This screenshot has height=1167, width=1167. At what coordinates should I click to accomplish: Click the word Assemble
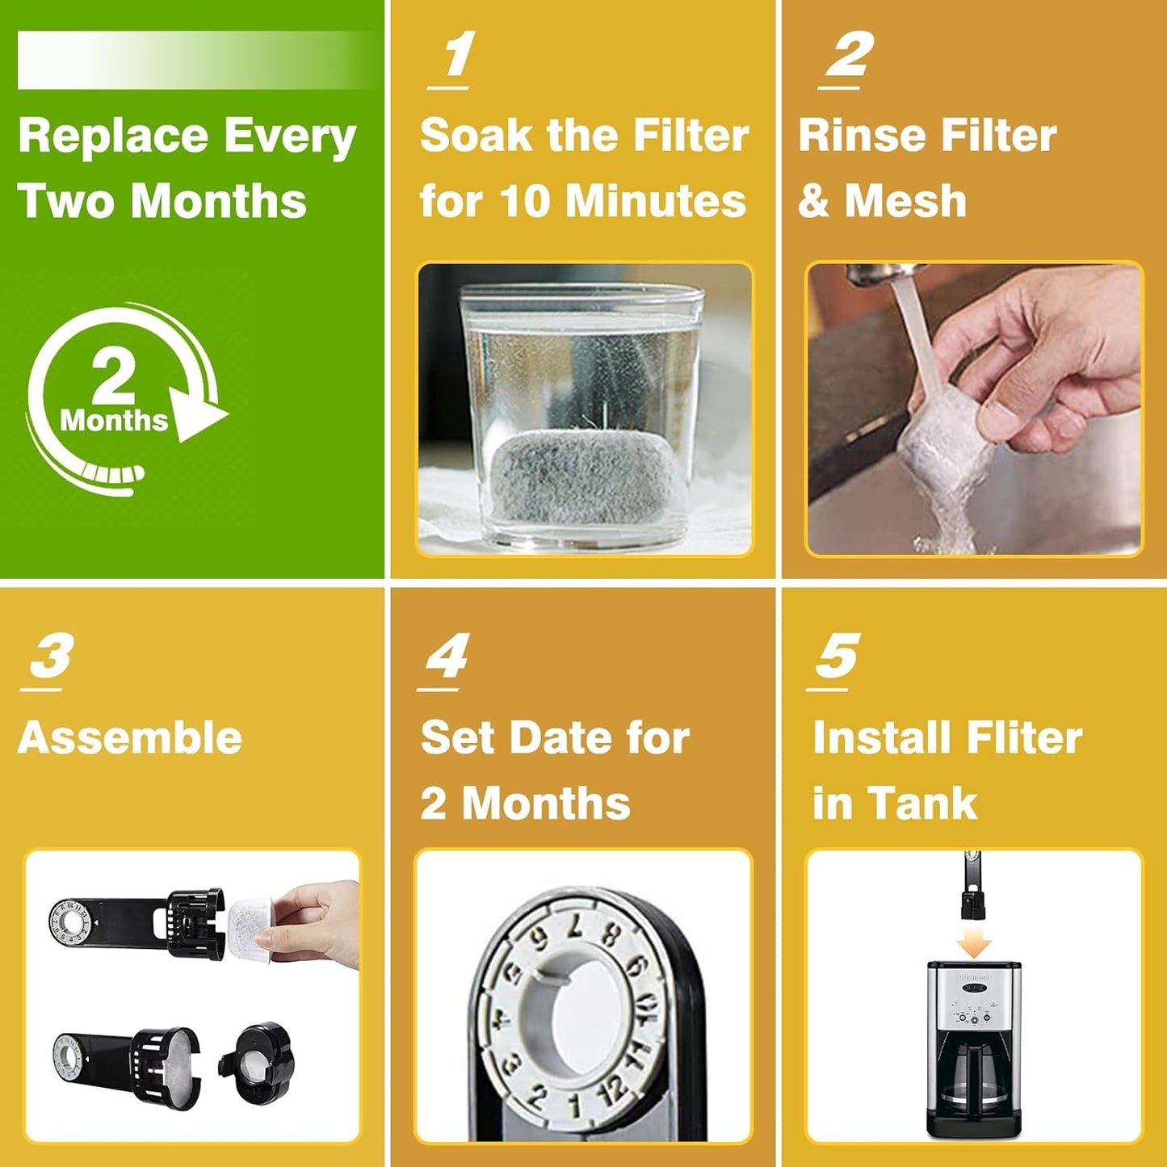[130, 737]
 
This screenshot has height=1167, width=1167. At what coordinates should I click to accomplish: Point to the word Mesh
[905, 200]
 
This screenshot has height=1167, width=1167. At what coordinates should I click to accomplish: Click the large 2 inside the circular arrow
[113, 376]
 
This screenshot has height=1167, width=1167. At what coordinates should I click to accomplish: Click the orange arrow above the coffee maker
[973, 943]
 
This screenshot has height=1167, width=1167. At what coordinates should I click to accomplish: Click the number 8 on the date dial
[611, 936]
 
